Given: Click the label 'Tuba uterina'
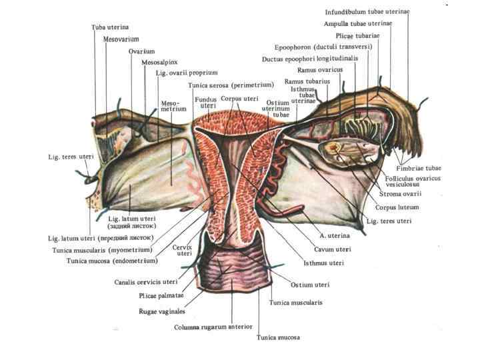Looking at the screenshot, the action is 110,27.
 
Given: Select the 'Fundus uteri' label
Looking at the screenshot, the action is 205,102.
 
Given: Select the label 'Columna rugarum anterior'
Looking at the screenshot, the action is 213,327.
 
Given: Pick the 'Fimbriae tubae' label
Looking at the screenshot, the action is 418,169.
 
